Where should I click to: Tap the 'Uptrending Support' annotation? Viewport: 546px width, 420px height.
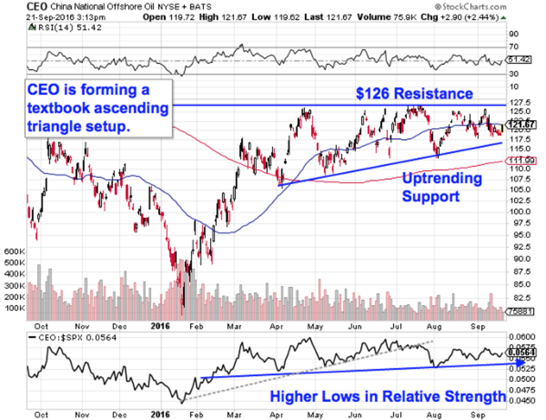point(441,187)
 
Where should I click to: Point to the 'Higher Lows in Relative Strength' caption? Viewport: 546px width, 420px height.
point(388,396)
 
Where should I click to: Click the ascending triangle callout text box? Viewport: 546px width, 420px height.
point(98,108)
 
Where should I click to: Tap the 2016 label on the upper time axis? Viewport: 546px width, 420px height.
point(159,326)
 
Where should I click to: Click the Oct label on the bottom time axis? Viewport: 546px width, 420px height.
point(42,415)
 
